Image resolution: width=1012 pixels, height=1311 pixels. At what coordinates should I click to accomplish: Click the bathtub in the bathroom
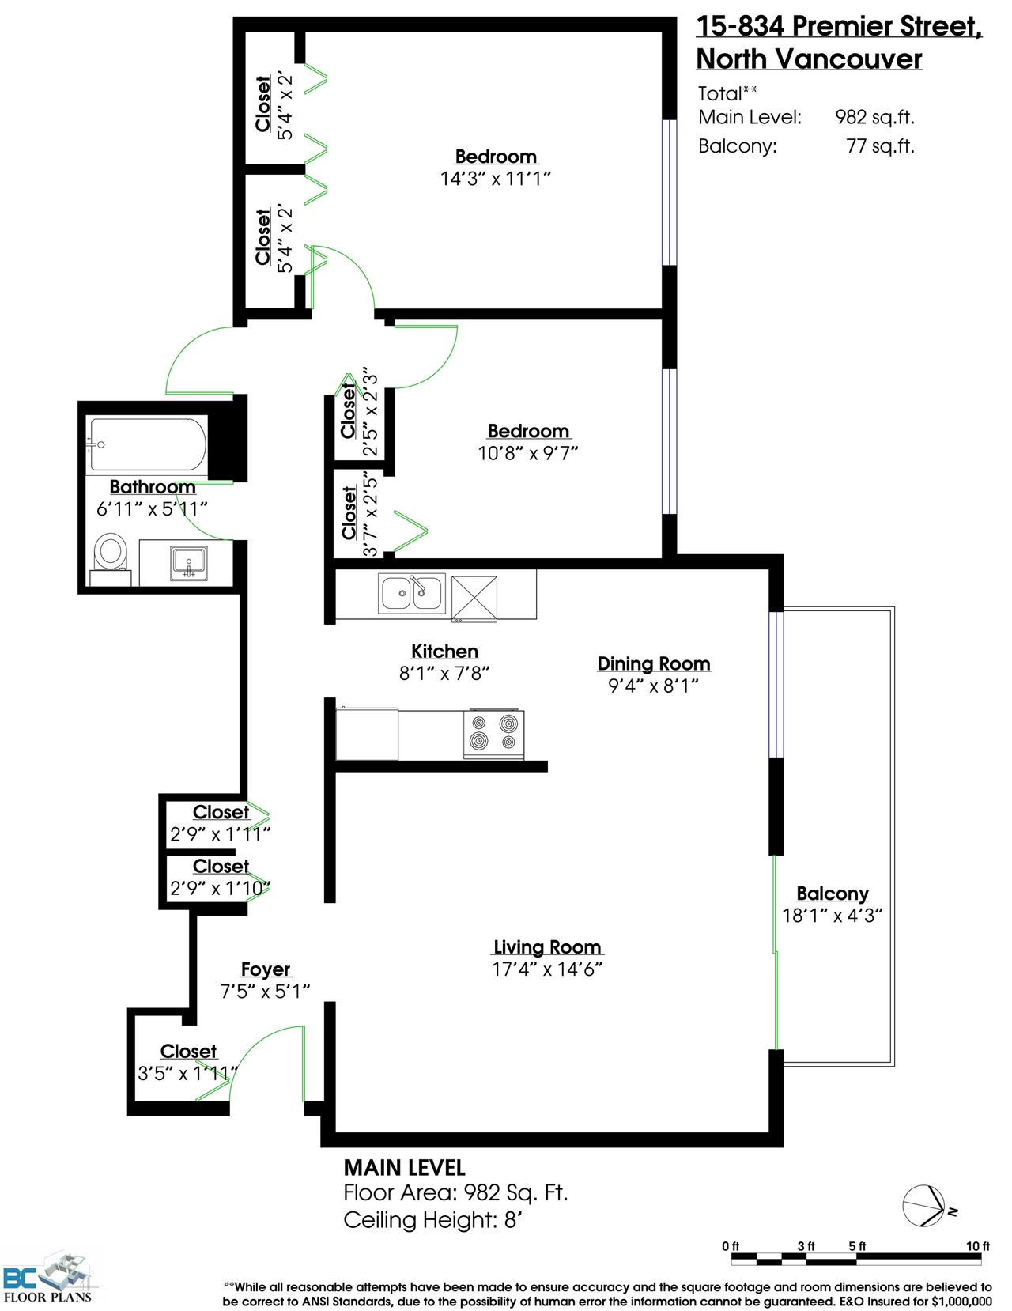149,444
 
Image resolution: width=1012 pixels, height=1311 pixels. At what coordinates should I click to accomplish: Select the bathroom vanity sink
189,563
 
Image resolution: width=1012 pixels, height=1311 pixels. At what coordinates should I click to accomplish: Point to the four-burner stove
494,735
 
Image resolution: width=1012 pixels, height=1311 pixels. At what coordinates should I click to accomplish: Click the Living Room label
548,946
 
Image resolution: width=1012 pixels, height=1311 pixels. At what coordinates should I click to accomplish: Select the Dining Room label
654,663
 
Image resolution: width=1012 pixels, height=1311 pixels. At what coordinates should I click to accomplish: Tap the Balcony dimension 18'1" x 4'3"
833,915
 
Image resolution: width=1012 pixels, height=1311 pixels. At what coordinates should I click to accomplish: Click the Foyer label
266,969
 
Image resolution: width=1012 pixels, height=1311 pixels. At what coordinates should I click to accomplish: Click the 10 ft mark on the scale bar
978,1246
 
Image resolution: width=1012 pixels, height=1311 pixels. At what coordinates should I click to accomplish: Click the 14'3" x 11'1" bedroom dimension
495,179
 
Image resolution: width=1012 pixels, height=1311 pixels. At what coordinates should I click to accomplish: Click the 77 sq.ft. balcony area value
881,146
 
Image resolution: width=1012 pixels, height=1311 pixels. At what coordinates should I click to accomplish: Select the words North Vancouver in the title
810,59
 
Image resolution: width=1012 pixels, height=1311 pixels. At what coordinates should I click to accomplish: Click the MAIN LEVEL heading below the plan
404,1167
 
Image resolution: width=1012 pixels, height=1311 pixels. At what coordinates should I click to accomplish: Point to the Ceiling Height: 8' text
432,1219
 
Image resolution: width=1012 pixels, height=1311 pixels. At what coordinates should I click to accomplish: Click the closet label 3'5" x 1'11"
187,1073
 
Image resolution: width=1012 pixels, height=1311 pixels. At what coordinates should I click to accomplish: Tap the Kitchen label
444,651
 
